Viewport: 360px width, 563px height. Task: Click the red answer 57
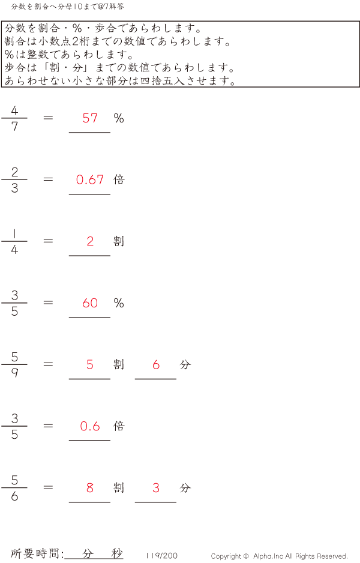pyautogui.click(x=90, y=118)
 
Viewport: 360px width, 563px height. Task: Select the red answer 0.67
pyautogui.click(x=90, y=179)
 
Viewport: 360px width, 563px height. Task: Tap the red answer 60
pyautogui.click(x=90, y=303)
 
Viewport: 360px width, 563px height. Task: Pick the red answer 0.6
pyautogui.click(x=90, y=426)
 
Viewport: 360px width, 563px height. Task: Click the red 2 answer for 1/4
pyautogui.click(x=90, y=241)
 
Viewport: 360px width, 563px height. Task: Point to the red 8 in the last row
pyautogui.click(x=90, y=488)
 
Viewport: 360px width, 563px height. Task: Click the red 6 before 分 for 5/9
pyautogui.click(x=156, y=364)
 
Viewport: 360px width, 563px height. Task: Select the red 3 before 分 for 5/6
pyautogui.click(x=156, y=488)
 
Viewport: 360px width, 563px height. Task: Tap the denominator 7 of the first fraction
pyautogui.click(x=14, y=127)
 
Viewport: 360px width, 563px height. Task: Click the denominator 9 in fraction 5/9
pyautogui.click(x=14, y=373)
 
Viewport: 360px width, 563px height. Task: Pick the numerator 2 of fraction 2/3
pyautogui.click(x=14, y=172)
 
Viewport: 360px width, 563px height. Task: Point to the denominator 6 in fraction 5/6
pyautogui.click(x=14, y=496)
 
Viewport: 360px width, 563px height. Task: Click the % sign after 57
pyautogui.click(x=119, y=118)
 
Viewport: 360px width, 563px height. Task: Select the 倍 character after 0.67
pyautogui.click(x=119, y=179)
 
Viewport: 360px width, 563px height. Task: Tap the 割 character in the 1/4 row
pyautogui.click(x=119, y=241)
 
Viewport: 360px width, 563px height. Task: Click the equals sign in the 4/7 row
pyautogui.click(x=49, y=118)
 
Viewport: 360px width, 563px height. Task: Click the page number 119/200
pyautogui.click(x=161, y=556)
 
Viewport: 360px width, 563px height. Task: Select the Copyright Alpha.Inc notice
pyautogui.click(x=279, y=556)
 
